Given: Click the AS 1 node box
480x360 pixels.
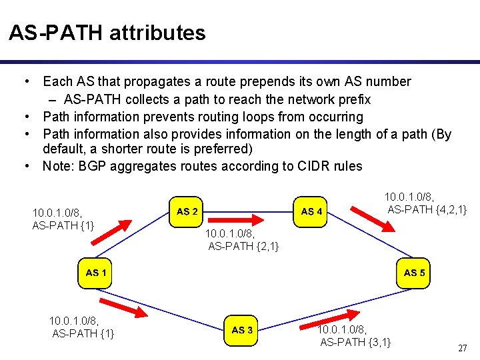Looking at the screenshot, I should (96, 272).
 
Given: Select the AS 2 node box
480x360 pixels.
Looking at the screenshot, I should (187, 211).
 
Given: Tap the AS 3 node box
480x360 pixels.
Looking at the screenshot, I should (242, 329).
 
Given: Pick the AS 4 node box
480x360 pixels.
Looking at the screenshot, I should (312, 211).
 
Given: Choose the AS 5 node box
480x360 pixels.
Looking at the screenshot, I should (415, 272).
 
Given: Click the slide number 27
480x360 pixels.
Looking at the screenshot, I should (462, 348).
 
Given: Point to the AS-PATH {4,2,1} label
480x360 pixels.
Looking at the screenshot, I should (427, 211).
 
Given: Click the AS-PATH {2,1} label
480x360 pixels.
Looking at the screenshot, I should (243, 247).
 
